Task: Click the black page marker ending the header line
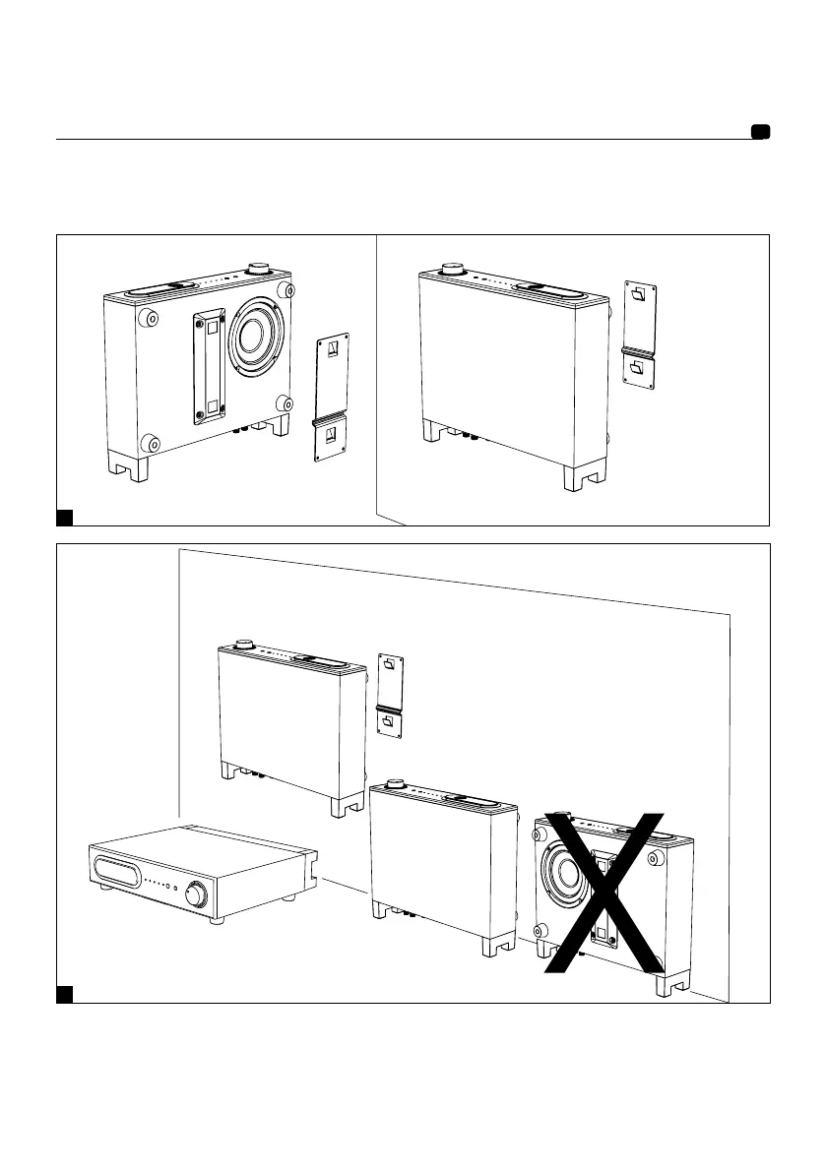[x=759, y=133]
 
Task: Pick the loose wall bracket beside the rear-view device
[x=333, y=398]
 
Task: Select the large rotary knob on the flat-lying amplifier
[x=196, y=894]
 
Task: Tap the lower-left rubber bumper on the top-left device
[x=150, y=443]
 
